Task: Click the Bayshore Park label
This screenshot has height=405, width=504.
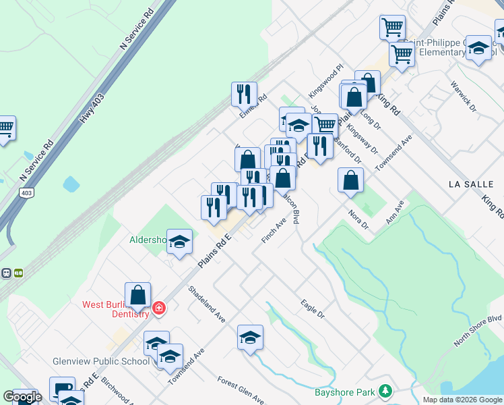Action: point(346,391)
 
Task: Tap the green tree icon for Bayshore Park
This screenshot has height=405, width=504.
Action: point(385,391)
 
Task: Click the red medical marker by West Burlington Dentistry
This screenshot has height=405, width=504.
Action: point(158,308)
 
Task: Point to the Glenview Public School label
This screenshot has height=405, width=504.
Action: point(101,361)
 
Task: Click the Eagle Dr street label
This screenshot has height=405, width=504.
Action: point(312,309)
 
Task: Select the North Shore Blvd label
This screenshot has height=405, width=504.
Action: point(478,330)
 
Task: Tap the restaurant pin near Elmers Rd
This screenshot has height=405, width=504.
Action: point(244,94)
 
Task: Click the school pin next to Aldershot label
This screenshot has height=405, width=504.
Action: point(179,242)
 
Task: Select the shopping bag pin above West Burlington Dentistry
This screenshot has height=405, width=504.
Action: point(137,294)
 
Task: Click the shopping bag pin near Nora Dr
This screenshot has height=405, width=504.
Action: point(350,180)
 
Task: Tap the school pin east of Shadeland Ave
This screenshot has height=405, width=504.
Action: point(250,337)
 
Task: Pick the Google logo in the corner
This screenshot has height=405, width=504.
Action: point(22,397)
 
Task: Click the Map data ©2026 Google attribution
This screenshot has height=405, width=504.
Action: point(462,400)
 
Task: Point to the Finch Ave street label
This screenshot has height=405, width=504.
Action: point(278,232)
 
